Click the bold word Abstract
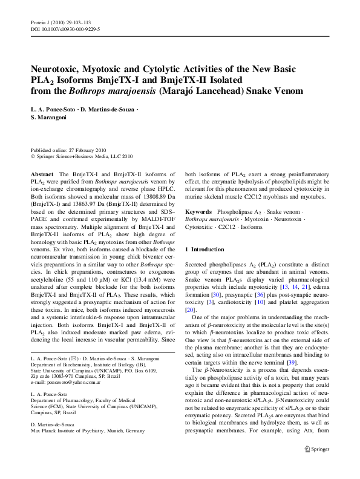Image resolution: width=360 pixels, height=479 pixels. pyautogui.click(x=42, y=174)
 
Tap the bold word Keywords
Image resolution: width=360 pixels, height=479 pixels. pyautogui.click(x=198, y=213)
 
